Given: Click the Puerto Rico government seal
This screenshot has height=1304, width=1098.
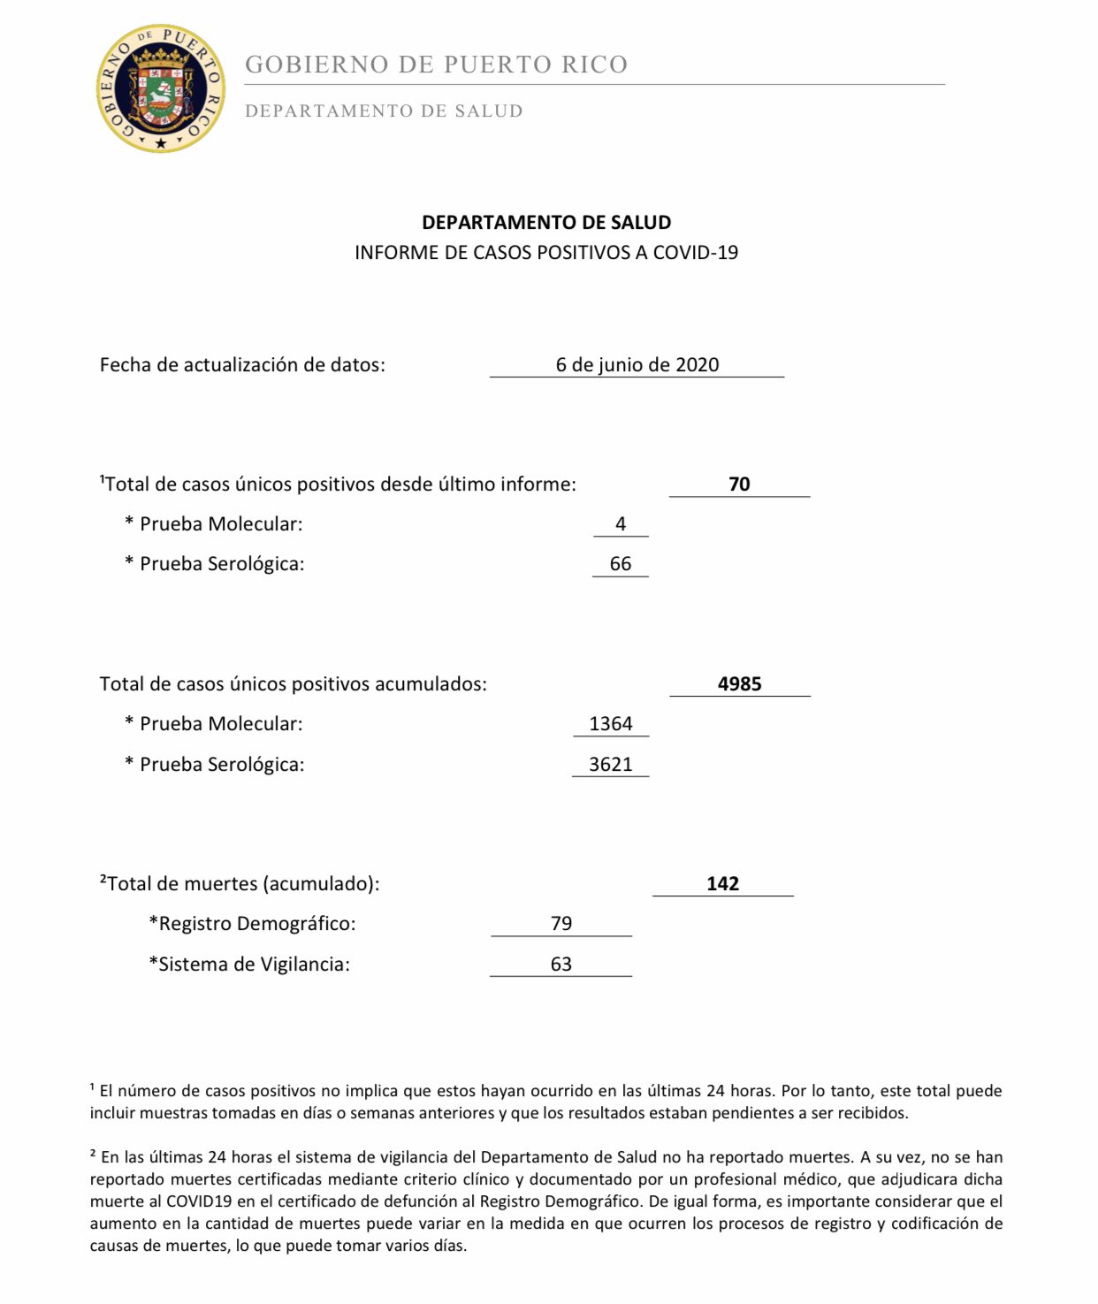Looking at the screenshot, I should pyautogui.click(x=160, y=88).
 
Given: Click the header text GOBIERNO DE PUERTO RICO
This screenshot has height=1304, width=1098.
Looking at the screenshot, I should pyautogui.click(x=436, y=65).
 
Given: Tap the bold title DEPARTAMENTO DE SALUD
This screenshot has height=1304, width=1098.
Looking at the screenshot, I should pyautogui.click(x=546, y=223).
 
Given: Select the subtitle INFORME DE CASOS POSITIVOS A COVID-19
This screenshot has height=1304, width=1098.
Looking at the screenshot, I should pyautogui.click(x=546, y=253).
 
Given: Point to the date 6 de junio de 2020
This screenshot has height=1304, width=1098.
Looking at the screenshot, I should pyautogui.click(x=637, y=365).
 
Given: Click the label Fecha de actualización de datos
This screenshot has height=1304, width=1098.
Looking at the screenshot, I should pyautogui.click(x=242, y=365).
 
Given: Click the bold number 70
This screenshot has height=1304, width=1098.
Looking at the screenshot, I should pyautogui.click(x=739, y=484).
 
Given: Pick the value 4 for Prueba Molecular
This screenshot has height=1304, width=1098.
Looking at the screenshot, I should pyautogui.click(x=621, y=524).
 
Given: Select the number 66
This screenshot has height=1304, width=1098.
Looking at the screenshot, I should pyautogui.click(x=621, y=564).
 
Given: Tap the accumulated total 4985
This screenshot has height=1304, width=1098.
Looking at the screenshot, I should pyautogui.click(x=739, y=684).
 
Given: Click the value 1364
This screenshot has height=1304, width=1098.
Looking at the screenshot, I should pyautogui.click(x=611, y=724).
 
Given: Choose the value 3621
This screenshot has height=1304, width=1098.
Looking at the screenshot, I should pyautogui.click(x=611, y=765).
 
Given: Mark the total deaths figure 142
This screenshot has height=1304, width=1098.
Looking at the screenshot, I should pyautogui.click(x=722, y=884).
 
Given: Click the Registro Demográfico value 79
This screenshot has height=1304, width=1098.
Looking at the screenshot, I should pyautogui.click(x=561, y=924).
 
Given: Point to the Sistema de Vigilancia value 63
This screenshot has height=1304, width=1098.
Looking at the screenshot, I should pyautogui.click(x=561, y=965).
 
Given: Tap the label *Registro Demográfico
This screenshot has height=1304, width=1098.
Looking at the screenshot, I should pyautogui.click(x=252, y=924).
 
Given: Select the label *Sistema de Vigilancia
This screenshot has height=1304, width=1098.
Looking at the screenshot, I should pyautogui.click(x=249, y=965).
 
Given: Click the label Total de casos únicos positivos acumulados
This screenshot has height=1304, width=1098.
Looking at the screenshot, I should pyautogui.click(x=293, y=684).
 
